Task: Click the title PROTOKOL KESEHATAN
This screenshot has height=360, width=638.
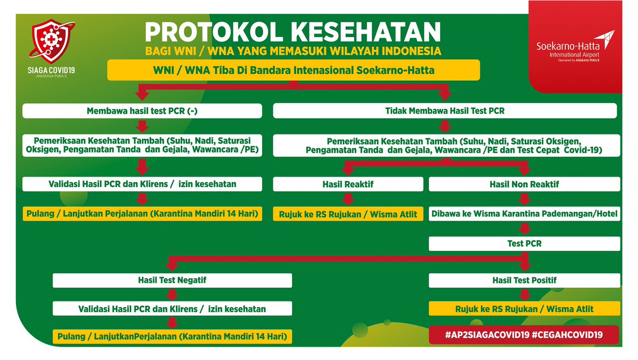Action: [x=293, y=31]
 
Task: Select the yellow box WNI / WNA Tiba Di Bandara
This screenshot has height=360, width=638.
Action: [x=293, y=70]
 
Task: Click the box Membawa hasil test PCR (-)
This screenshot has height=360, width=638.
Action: [x=142, y=111]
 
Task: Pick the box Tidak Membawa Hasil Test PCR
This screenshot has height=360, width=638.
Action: [x=444, y=111]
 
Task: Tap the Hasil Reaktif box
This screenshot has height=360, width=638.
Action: [x=348, y=184]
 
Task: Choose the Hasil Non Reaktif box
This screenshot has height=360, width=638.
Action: [x=524, y=184]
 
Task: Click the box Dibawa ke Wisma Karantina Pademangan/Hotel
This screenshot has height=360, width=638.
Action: [x=524, y=214]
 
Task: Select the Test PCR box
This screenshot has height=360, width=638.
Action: [x=524, y=244]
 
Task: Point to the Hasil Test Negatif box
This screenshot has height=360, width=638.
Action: [x=172, y=280]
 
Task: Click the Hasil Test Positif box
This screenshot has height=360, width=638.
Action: [x=524, y=280]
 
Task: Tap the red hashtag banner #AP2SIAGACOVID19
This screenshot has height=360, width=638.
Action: [x=524, y=335]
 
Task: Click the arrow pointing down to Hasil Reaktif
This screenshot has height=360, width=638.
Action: [x=348, y=170]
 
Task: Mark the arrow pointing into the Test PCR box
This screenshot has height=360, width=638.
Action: [x=524, y=229]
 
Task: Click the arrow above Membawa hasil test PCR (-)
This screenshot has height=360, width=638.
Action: [x=142, y=94]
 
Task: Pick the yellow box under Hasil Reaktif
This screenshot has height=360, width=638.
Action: [x=348, y=214]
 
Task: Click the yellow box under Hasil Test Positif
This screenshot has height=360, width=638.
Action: [x=524, y=308]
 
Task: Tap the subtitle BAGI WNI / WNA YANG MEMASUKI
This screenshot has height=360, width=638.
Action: [x=293, y=52]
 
